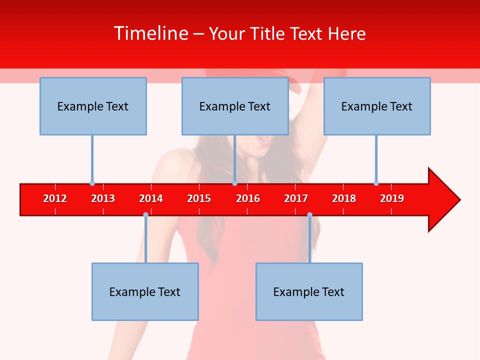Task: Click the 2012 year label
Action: (55, 198)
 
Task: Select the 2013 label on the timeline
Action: (103, 198)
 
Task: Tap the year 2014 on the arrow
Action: (151, 198)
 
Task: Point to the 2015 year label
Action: (199, 198)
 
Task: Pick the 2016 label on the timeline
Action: (248, 198)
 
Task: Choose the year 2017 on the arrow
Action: (296, 198)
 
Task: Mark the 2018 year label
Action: (344, 198)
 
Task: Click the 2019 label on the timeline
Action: (392, 198)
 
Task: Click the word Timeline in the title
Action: (150, 33)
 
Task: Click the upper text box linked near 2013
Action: (93, 106)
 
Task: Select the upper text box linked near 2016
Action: (235, 106)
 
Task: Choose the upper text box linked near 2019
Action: (377, 106)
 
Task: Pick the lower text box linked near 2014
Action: (145, 291)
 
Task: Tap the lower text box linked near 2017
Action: (309, 291)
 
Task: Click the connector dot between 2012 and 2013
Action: (92, 183)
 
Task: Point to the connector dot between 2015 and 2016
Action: (234, 183)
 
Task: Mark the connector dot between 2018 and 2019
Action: (376, 183)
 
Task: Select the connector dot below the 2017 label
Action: (309, 214)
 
